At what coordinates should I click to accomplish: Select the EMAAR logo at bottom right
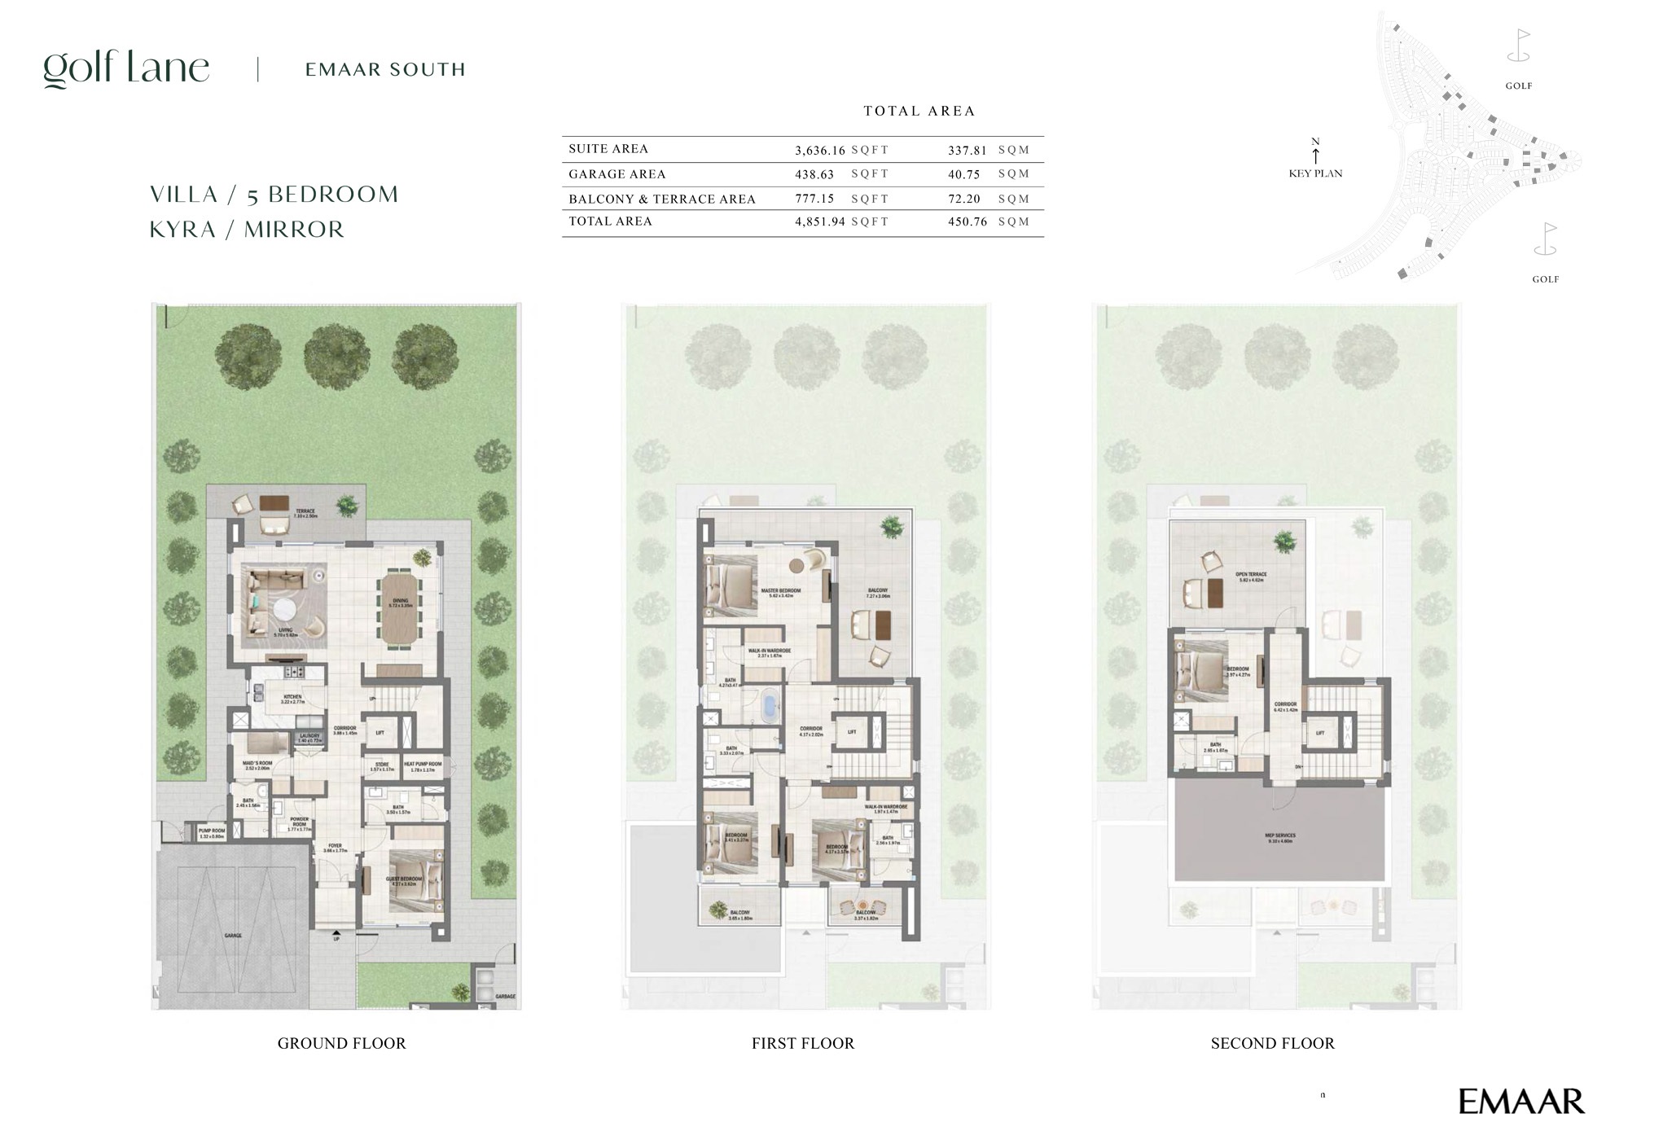[x=1520, y=1102]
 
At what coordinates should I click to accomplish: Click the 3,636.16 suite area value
[x=819, y=150]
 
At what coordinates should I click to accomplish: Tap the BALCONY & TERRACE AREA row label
[x=661, y=199]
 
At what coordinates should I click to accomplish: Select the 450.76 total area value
[x=967, y=221]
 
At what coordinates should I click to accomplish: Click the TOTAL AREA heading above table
[x=919, y=111]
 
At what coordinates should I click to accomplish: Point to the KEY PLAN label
[x=1315, y=173]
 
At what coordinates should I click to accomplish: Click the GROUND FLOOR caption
[x=341, y=1043]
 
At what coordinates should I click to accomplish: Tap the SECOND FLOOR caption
[x=1272, y=1043]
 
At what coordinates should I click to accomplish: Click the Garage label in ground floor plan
[x=233, y=936]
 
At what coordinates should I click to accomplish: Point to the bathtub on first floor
[x=770, y=704]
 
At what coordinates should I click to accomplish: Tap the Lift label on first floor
[x=852, y=732]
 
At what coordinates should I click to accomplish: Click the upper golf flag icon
[x=1519, y=46]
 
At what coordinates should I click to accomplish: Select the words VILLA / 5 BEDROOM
[x=274, y=195]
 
